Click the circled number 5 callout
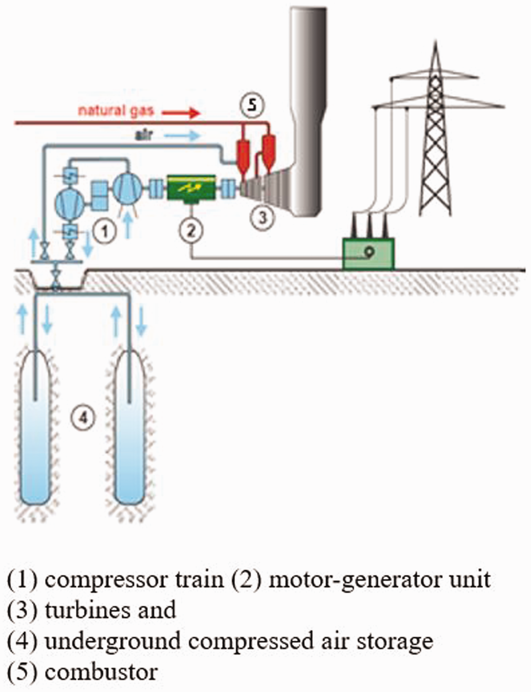(252, 105)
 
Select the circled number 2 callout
(191, 231)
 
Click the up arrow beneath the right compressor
(128, 226)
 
